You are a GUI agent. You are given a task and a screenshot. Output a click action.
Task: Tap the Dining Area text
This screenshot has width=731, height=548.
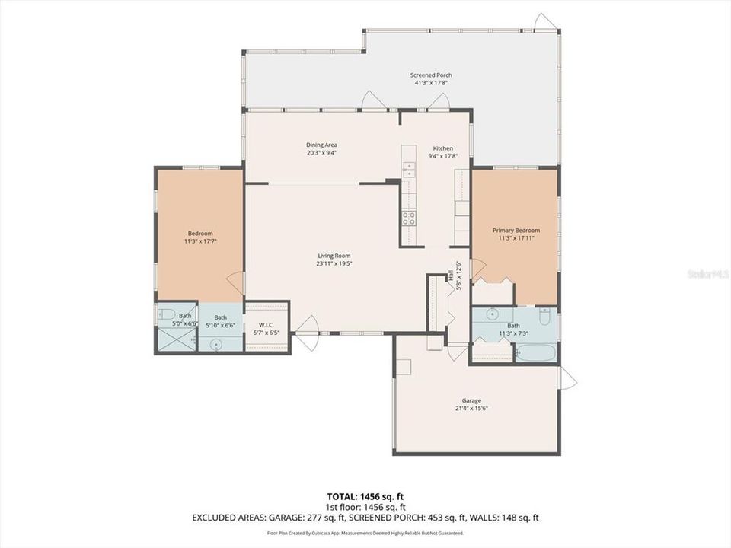pos(321,145)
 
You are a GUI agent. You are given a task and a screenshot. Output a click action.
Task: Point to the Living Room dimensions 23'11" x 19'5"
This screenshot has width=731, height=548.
pos(334,264)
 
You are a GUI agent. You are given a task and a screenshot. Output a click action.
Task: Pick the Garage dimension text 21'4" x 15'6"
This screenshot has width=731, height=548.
pos(471,409)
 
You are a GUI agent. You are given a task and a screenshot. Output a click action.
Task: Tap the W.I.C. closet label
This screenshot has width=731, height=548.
pos(266,325)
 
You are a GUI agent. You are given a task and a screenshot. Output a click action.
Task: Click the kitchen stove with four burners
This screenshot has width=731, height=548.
pos(409,218)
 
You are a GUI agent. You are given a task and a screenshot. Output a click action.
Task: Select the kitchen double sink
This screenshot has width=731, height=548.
pos(409,169)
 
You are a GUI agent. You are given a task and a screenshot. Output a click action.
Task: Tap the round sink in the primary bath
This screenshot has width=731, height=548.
pos(493,313)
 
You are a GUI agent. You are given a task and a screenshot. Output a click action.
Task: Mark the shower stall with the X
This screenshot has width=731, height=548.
pos(176,340)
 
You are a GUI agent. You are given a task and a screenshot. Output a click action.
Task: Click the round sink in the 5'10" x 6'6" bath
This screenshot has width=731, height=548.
pos(216,345)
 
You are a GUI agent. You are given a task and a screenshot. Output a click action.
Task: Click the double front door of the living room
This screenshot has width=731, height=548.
pos(308,334)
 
